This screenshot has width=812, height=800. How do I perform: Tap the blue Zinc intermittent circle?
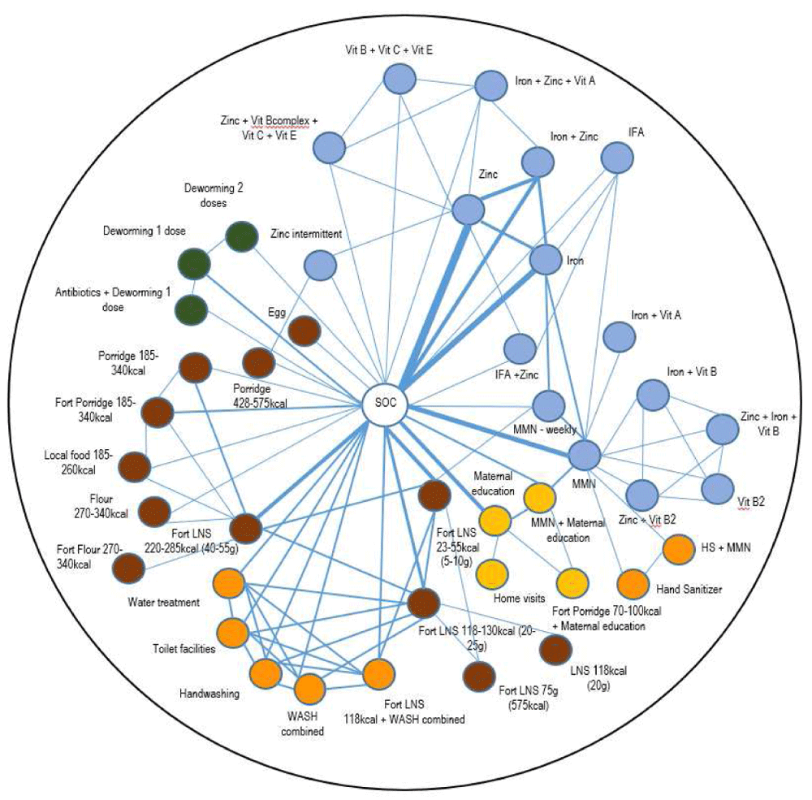point(321,265)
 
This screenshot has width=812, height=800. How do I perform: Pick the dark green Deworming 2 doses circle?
point(241,236)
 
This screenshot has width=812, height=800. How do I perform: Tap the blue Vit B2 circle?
point(717,489)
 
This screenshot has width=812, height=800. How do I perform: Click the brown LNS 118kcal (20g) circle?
point(555,650)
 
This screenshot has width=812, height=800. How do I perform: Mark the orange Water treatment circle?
point(229,584)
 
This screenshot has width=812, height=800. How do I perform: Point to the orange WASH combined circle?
point(310,689)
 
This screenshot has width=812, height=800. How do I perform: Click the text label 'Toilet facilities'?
point(181,649)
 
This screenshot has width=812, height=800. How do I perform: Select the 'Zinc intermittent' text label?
point(306,234)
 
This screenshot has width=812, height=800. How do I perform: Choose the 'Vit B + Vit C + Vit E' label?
point(388,50)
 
